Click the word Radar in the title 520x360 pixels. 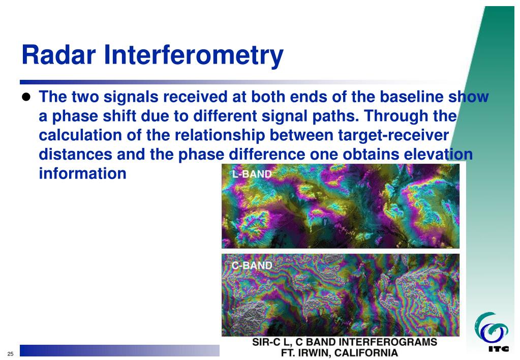coord(58,55)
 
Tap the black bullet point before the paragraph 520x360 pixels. coord(26,97)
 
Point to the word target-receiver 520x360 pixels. coord(393,135)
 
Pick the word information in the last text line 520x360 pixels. coord(82,173)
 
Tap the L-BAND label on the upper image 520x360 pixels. coord(252,174)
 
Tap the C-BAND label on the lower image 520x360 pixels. coord(252,265)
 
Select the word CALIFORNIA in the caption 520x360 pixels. coord(366,353)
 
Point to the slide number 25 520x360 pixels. coord(11,354)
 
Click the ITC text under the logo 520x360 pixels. coord(499,348)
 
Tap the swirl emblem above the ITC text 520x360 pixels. coord(491,328)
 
